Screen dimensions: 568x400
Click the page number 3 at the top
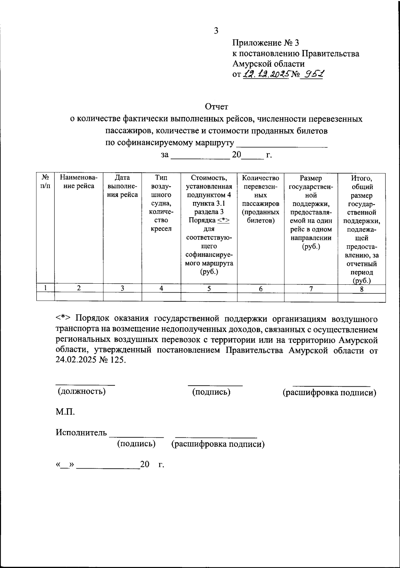tap(216, 31)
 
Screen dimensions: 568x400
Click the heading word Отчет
tap(216, 107)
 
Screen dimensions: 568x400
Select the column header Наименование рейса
tap(79, 182)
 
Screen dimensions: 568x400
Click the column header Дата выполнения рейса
tap(122, 186)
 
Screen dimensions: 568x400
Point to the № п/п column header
tap(45, 182)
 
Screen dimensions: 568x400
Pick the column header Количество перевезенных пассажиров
tap(260, 199)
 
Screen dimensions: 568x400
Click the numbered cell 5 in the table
tap(209, 289)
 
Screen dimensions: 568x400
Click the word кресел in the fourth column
tap(161, 229)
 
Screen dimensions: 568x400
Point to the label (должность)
tap(82, 391)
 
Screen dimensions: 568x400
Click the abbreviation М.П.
tap(65, 412)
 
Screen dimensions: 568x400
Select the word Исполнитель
tap(81, 433)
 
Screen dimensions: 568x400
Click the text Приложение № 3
tap(266, 43)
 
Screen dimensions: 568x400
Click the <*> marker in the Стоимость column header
tap(223, 220)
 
